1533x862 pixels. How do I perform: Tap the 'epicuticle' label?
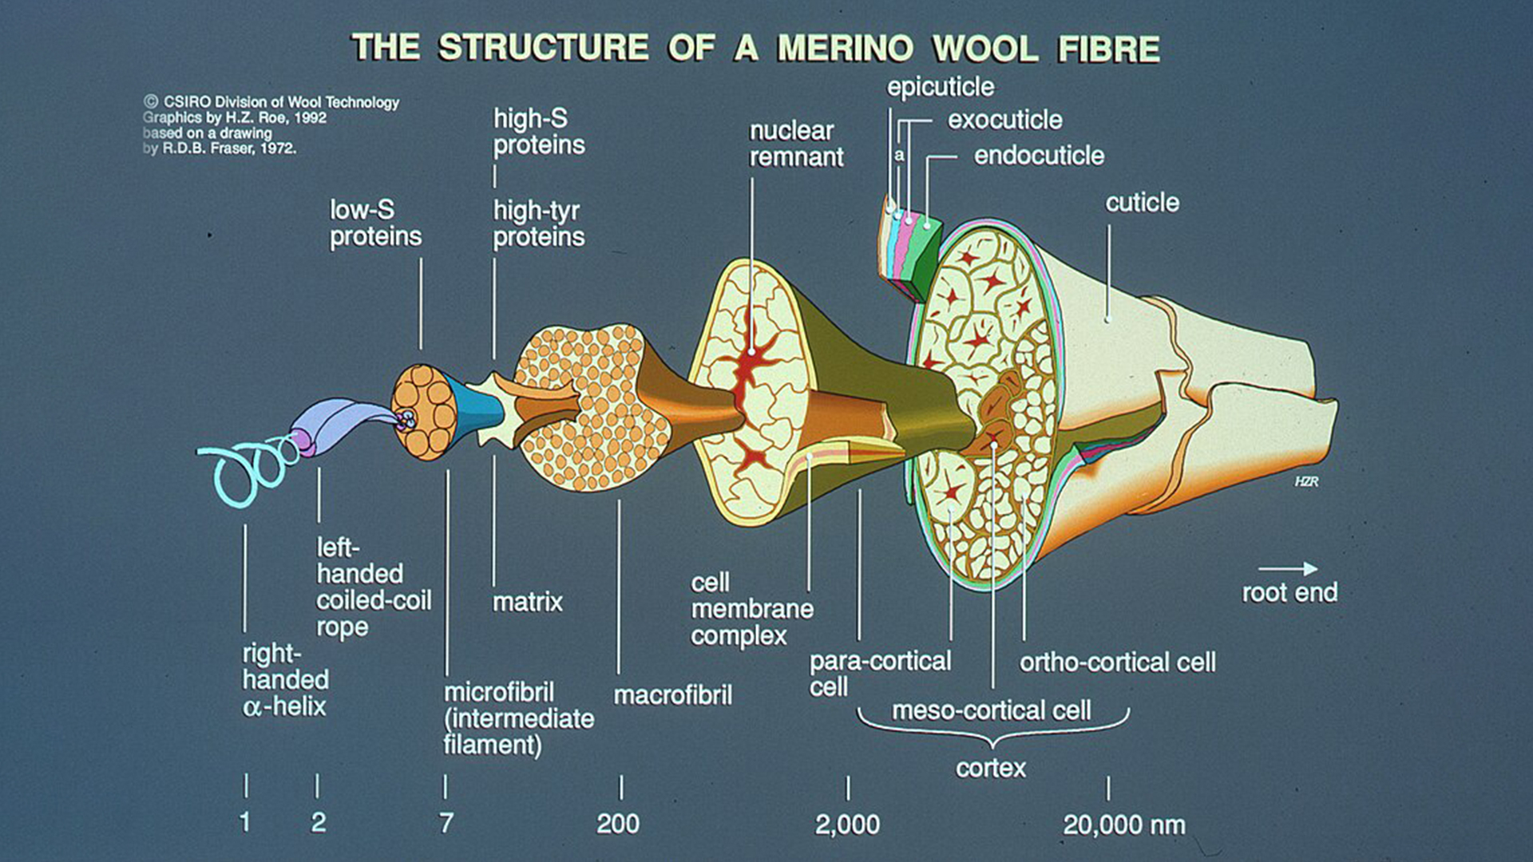pos(941,87)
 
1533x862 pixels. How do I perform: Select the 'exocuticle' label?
pos(1004,121)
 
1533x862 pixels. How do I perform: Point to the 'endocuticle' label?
pos(1039,156)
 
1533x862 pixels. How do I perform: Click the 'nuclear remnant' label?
pos(795,144)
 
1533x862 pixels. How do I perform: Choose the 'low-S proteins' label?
pos(375,223)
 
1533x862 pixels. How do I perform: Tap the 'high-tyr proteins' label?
pos(538,223)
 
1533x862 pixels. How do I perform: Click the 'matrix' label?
pos(527,602)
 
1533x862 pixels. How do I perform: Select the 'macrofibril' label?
pos(672,695)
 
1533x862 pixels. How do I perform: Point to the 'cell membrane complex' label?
pos(751,609)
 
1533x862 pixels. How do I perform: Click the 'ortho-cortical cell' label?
pos(1117,662)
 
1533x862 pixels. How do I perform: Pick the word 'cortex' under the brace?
pos(991,768)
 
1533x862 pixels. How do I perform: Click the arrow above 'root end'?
pos(1287,569)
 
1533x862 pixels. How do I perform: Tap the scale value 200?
pos(618,824)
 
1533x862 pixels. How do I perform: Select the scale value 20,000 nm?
pos(1123,824)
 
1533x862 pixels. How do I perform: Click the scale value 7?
pos(446,823)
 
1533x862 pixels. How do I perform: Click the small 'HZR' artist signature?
pos(1306,481)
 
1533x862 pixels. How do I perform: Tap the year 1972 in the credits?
pos(278,148)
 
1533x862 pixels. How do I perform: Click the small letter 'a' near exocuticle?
pos(899,155)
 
